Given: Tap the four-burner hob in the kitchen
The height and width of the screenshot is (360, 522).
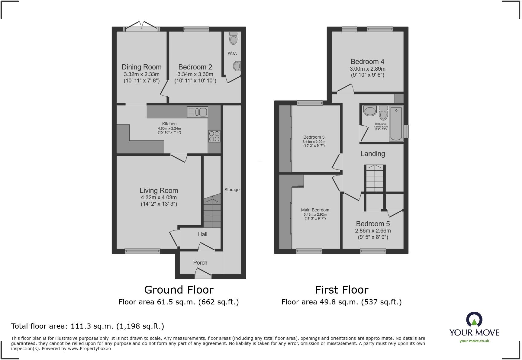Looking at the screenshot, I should coord(214,136).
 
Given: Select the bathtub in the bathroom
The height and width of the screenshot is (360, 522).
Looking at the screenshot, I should coord(396,124).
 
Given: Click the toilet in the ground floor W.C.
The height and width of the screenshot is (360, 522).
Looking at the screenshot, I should coord(233,38).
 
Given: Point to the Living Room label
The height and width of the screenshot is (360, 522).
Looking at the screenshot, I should coord(159,191).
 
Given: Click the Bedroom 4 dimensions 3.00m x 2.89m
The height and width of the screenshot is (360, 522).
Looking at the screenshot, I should coord(367,69).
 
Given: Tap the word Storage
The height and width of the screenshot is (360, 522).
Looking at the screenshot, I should coord(232,190).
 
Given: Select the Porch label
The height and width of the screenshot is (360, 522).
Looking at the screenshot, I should coord(200,263).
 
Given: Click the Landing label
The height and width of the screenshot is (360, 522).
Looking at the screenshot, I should coord(372,154).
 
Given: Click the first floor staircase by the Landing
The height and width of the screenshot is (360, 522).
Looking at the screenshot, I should coord(375,178).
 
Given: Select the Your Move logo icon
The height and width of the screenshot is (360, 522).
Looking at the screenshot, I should coord(474,319).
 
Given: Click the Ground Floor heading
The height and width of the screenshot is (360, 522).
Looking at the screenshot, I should coord(179,290).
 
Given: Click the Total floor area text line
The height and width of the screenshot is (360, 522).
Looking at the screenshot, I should coord(88,326).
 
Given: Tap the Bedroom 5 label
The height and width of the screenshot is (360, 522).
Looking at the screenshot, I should coord(373,224).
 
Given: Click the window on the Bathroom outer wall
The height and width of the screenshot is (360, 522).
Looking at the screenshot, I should coord(406,131).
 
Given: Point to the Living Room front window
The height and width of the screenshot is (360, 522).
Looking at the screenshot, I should coord(142,251).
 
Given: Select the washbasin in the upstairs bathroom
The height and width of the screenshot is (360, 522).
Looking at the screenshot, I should coord(370,111).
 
